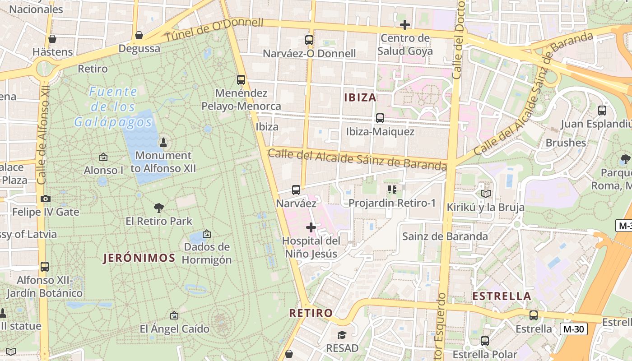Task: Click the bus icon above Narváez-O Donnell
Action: tap(309, 40)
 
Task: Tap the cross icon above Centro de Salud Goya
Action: tap(405, 24)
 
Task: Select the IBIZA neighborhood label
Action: tap(360, 97)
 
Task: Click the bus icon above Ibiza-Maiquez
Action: tap(380, 118)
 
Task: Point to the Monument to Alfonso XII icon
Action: tap(163, 143)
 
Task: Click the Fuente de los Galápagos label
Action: tap(113, 107)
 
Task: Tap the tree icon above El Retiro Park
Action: tap(158, 208)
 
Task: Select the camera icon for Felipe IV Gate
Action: tap(45, 199)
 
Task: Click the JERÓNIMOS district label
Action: tap(139, 258)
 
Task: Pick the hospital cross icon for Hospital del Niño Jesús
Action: tap(311, 227)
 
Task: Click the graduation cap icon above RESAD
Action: tap(342, 335)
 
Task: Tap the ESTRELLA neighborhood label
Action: tap(502, 296)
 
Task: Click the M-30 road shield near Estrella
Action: tap(574, 329)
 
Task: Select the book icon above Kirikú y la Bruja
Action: tap(485, 194)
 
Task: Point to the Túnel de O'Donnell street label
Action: tap(214, 30)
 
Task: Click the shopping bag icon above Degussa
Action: tap(139, 35)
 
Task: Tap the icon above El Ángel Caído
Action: tap(174, 315)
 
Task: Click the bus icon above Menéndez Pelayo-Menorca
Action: tap(241, 80)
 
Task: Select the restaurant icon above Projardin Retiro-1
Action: tap(391, 190)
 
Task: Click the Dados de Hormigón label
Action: tap(207, 253)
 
